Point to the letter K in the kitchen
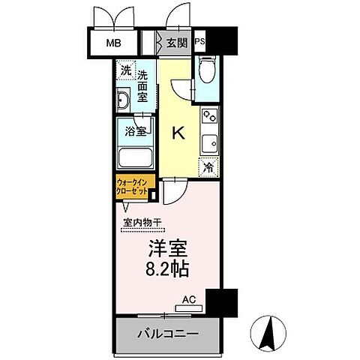click(178, 133)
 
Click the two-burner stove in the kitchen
click(209, 118)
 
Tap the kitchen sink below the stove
click(209, 142)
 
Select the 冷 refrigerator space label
click(208, 169)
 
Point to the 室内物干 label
click(142, 221)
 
